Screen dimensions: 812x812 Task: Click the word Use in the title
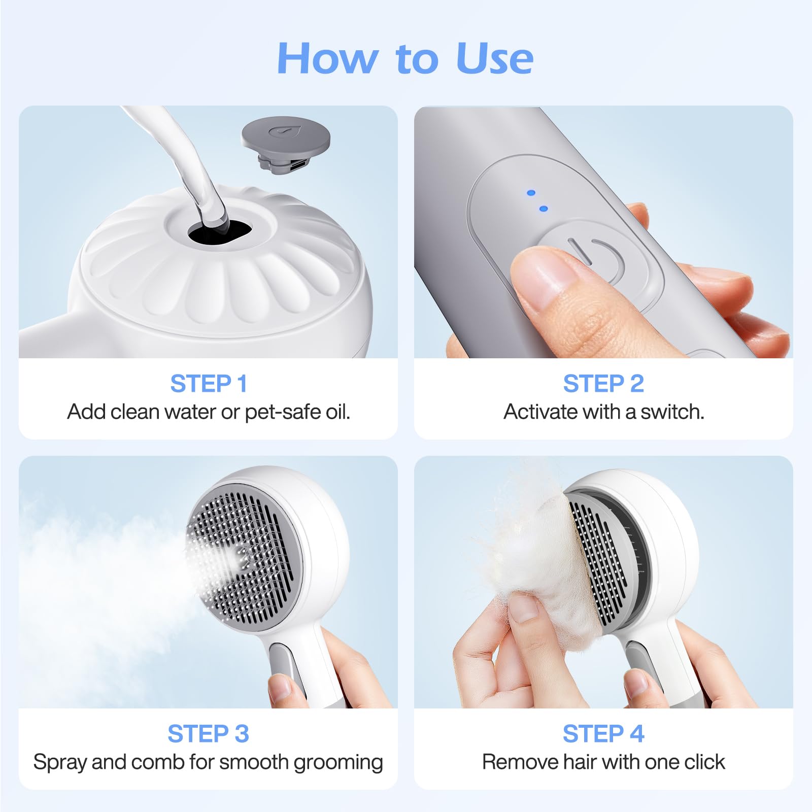click(494, 58)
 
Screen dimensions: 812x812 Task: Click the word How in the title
click(328, 58)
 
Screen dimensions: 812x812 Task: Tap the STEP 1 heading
click(208, 383)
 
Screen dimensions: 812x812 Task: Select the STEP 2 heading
click(603, 383)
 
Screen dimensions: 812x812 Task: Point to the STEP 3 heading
click(208, 734)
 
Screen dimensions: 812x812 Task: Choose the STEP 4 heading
click(603, 734)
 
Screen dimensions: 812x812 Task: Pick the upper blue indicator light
click(531, 193)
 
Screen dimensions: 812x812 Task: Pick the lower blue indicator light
click(544, 209)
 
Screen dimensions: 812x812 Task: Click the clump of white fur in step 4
click(533, 553)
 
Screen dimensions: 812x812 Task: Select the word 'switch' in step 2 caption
click(671, 412)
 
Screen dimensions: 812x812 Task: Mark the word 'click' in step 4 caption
click(704, 762)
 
